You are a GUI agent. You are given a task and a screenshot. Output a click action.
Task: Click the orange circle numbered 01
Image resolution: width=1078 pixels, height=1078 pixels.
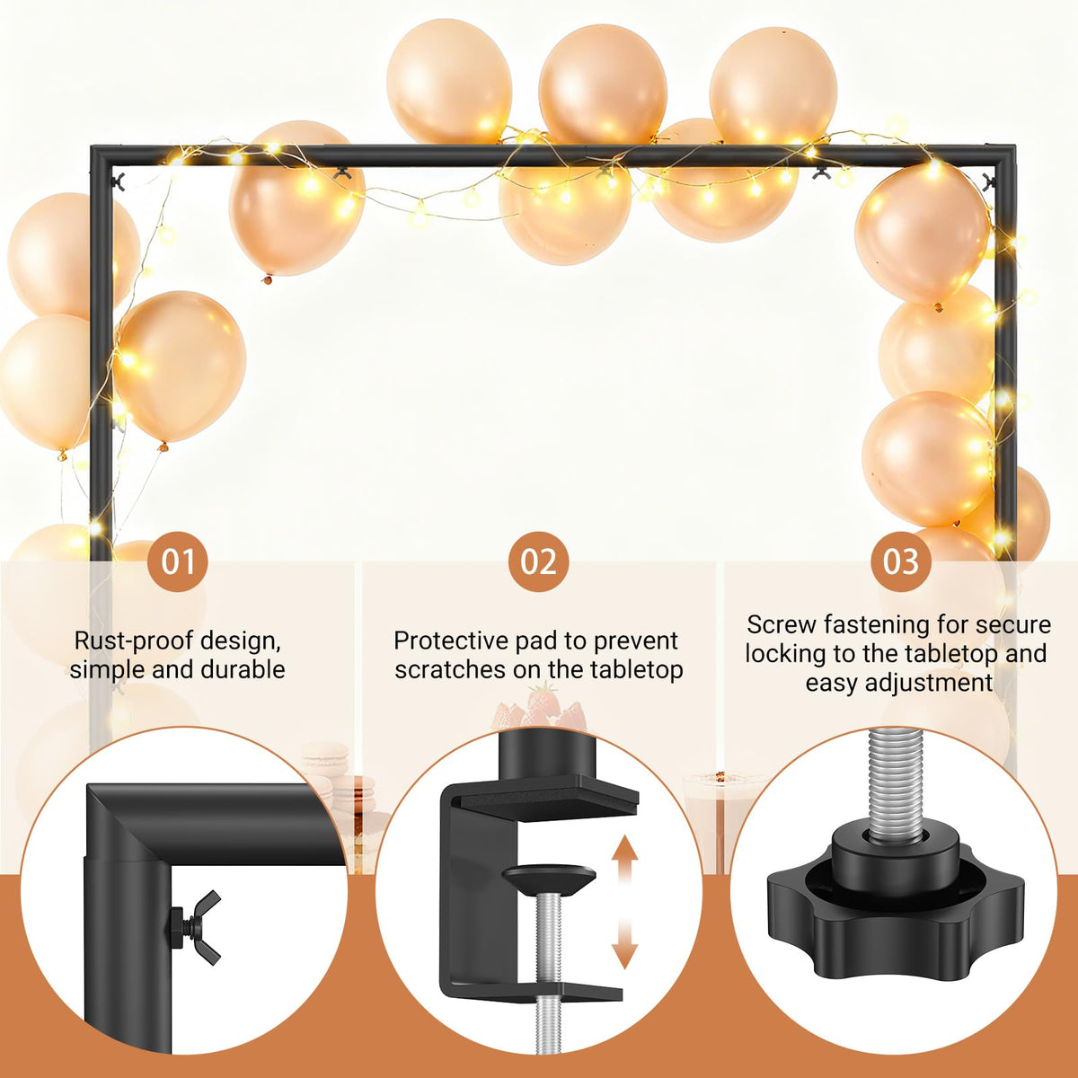coord(177,561)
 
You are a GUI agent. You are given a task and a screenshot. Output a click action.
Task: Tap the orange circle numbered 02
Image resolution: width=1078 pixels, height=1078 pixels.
coord(538,561)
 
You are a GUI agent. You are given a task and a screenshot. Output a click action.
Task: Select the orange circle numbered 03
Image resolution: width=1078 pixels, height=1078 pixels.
coord(901,561)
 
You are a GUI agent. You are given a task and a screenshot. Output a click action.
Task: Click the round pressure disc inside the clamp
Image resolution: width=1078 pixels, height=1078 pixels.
coord(548,879)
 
